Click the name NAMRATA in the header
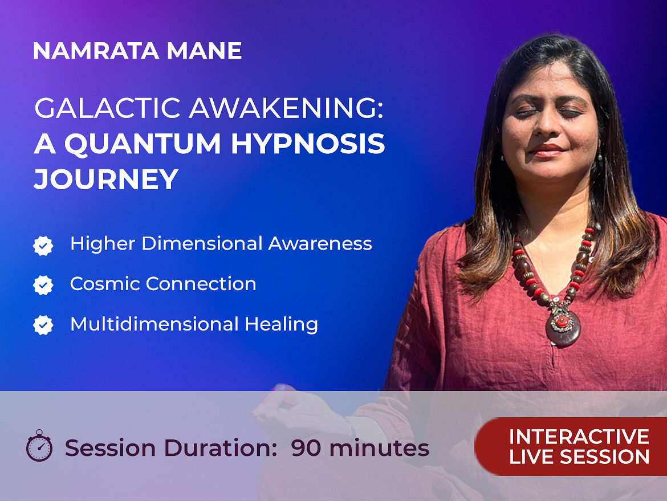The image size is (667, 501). [96, 51]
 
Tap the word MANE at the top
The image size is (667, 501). [204, 51]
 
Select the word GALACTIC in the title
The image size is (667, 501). [108, 108]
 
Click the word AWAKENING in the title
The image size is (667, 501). [286, 108]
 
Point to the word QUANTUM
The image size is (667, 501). [143, 144]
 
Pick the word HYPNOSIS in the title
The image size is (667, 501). [307, 143]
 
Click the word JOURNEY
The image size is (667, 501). [106, 179]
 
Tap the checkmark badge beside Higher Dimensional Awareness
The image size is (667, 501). [43, 246]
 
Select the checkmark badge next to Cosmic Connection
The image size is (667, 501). [43, 286]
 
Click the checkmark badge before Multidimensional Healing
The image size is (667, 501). [43, 325]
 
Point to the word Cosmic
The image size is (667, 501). [105, 284]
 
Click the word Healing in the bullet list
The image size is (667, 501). [281, 324]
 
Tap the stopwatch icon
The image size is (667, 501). [39, 446]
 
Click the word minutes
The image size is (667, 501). [379, 448]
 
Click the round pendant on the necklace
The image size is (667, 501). [563, 326]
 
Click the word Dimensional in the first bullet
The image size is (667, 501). [202, 244]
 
